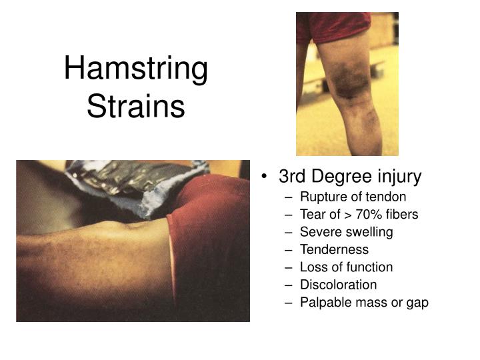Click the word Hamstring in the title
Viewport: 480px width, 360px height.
pos(136,70)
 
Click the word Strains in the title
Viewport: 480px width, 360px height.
pos(136,106)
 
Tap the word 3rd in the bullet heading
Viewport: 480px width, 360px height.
pos(292,177)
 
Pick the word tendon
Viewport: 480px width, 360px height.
pos(389,197)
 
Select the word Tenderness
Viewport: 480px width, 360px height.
pos(334,249)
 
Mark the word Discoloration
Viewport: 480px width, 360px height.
pos(338,285)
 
